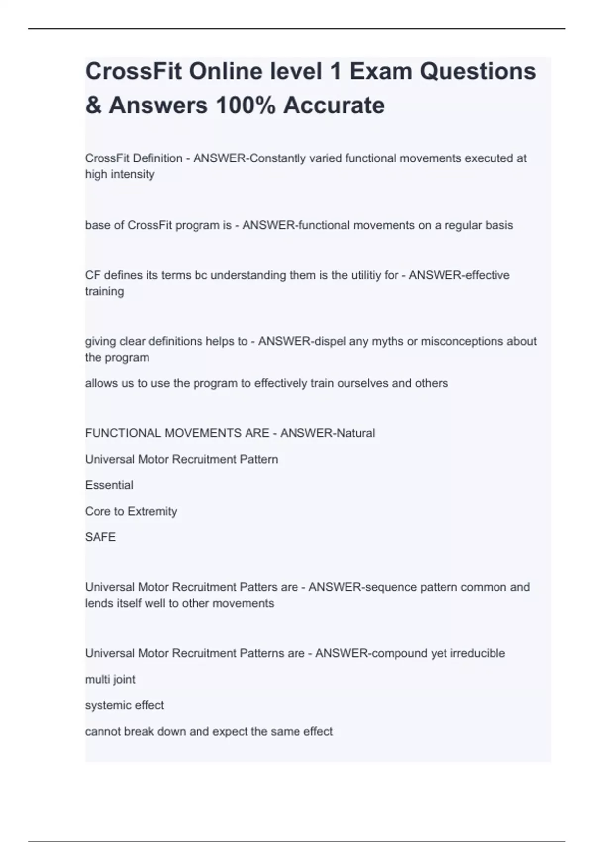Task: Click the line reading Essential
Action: point(109,485)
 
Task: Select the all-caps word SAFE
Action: point(100,537)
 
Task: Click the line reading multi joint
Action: point(110,680)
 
